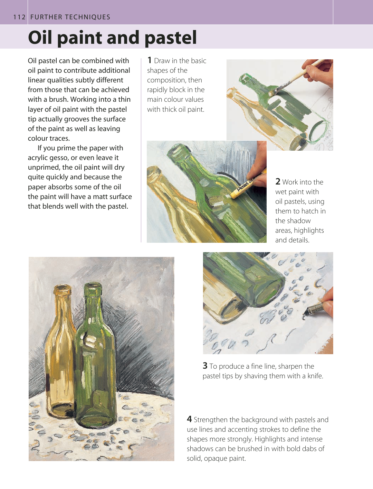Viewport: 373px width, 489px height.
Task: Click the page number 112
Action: [19, 17]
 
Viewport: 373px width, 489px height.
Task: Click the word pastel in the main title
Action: [171, 38]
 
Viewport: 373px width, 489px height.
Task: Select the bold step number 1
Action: [150, 60]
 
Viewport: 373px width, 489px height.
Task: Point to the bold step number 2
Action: [278, 182]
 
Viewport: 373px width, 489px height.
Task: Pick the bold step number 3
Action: [205, 366]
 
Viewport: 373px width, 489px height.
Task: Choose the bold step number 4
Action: [189, 419]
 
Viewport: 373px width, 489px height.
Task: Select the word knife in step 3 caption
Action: [315, 376]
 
